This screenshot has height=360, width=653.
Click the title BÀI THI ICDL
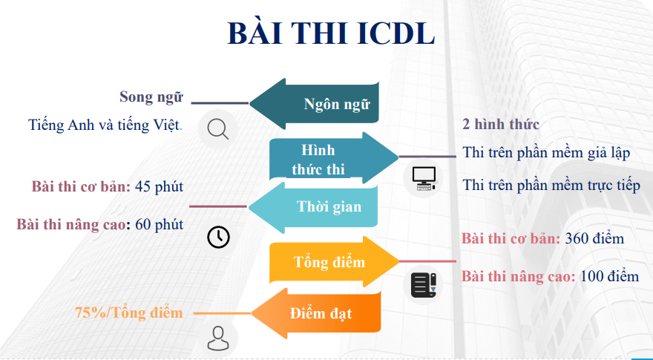(x=331, y=33)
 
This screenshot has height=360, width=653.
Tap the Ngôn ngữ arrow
(x=314, y=104)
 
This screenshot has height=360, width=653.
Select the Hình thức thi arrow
(x=334, y=158)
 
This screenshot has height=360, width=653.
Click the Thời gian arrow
(x=312, y=207)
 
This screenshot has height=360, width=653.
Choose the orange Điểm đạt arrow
(x=315, y=313)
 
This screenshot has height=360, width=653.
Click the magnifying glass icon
(x=218, y=128)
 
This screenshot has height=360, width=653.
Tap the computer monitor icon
(x=424, y=178)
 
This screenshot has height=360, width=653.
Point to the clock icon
(x=218, y=237)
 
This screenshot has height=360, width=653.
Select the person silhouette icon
(x=218, y=338)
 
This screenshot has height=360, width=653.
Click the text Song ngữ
(x=151, y=97)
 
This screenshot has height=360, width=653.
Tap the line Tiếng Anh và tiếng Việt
(x=105, y=125)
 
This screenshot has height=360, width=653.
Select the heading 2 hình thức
(x=501, y=124)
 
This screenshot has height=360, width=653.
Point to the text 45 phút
(x=159, y=186)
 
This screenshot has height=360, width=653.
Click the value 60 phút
(x=159, y=225)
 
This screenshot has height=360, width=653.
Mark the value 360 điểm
(x=594, y=239)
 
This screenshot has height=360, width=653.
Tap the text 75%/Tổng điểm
(x=128, y=313)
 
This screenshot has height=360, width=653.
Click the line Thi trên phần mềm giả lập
(x=546, y=153)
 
